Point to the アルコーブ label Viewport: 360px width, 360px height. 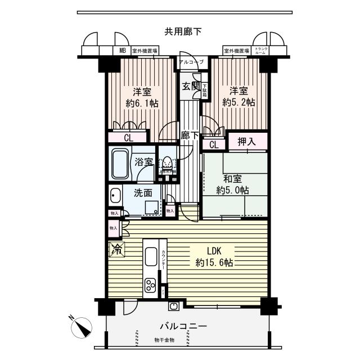[x=192, y=61]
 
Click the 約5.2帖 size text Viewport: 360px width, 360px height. [x=238, y=103]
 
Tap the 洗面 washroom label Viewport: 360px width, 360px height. [x=143, y=192]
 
